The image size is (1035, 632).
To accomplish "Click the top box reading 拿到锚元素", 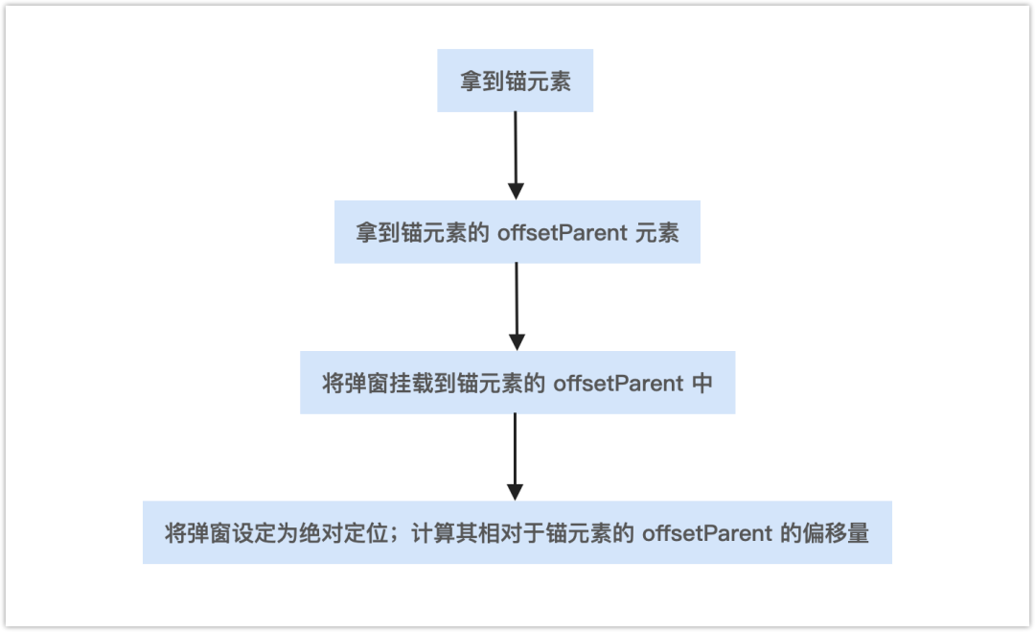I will click(516, 81).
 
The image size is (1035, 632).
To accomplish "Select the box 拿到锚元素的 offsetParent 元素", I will click(517, 232).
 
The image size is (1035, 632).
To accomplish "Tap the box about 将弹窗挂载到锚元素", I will click(517, 383).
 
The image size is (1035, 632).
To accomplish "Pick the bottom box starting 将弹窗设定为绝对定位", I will click(517, 532).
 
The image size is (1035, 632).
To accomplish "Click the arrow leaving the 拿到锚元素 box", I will click(516, 154).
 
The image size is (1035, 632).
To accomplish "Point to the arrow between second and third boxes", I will click(517, 306).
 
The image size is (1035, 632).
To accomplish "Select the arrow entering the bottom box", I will click(516, 456).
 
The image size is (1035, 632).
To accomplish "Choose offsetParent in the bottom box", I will click(707, 533).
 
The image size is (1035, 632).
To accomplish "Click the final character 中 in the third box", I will click(702, 384).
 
